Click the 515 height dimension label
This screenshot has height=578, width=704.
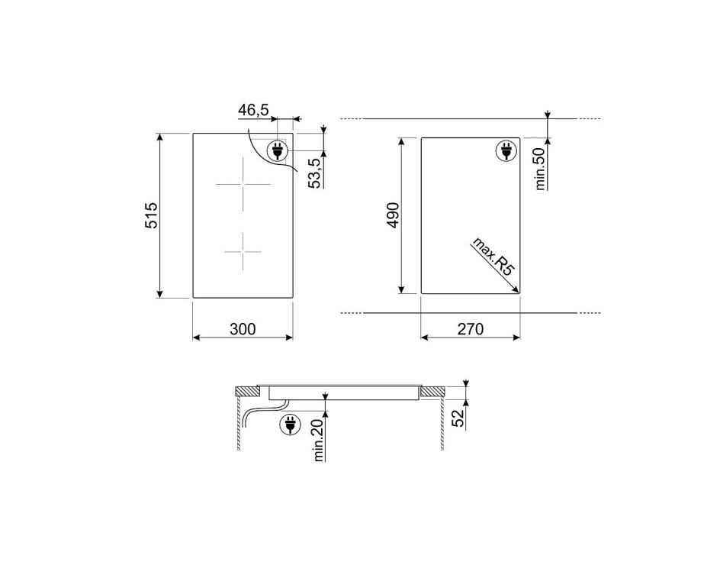pyautogui.click(x=151, y=216)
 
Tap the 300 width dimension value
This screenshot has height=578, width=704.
pyautogui.click(x=243, y=329)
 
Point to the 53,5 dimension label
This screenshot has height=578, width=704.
pyautogui.click(x=316, y=173)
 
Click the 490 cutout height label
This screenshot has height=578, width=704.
pyautogui.click(x=393, y=216)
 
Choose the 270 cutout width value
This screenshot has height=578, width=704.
pyautogui.click(x=471, y=329)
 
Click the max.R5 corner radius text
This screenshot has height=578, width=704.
pyautogui.click(x=493, y=257)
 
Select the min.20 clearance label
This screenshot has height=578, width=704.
pyautogui.click(x=319, y=441)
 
